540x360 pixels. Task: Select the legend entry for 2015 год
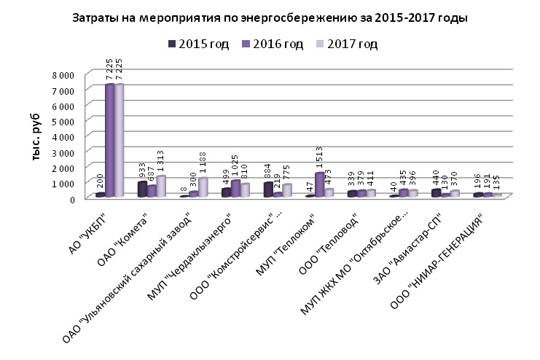[198, 44]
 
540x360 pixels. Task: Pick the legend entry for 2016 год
[273, 44]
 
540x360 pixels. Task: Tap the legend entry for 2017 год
[347, 44]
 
